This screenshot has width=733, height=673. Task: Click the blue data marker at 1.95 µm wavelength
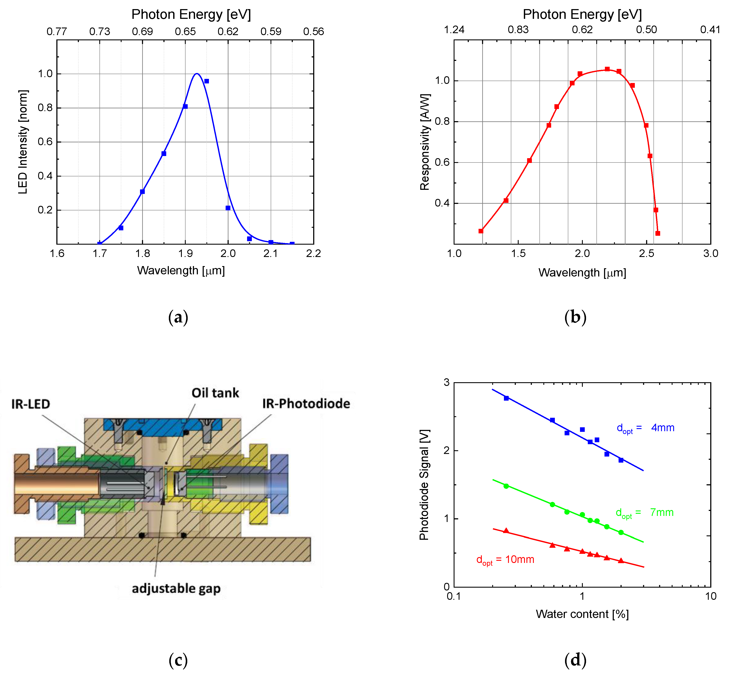(x=207, y=81)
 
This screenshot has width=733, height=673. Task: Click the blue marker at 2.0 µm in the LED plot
(x=228, y=208)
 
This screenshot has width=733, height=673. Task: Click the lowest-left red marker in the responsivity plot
(x=481, y=231)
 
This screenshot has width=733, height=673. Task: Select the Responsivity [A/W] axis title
(x=425, y=142)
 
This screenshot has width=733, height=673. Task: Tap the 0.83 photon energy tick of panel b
(x=518, y=29)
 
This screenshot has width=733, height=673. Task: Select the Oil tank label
(x=215, y=393)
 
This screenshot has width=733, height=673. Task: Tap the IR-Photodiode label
(x=306, y=403)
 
